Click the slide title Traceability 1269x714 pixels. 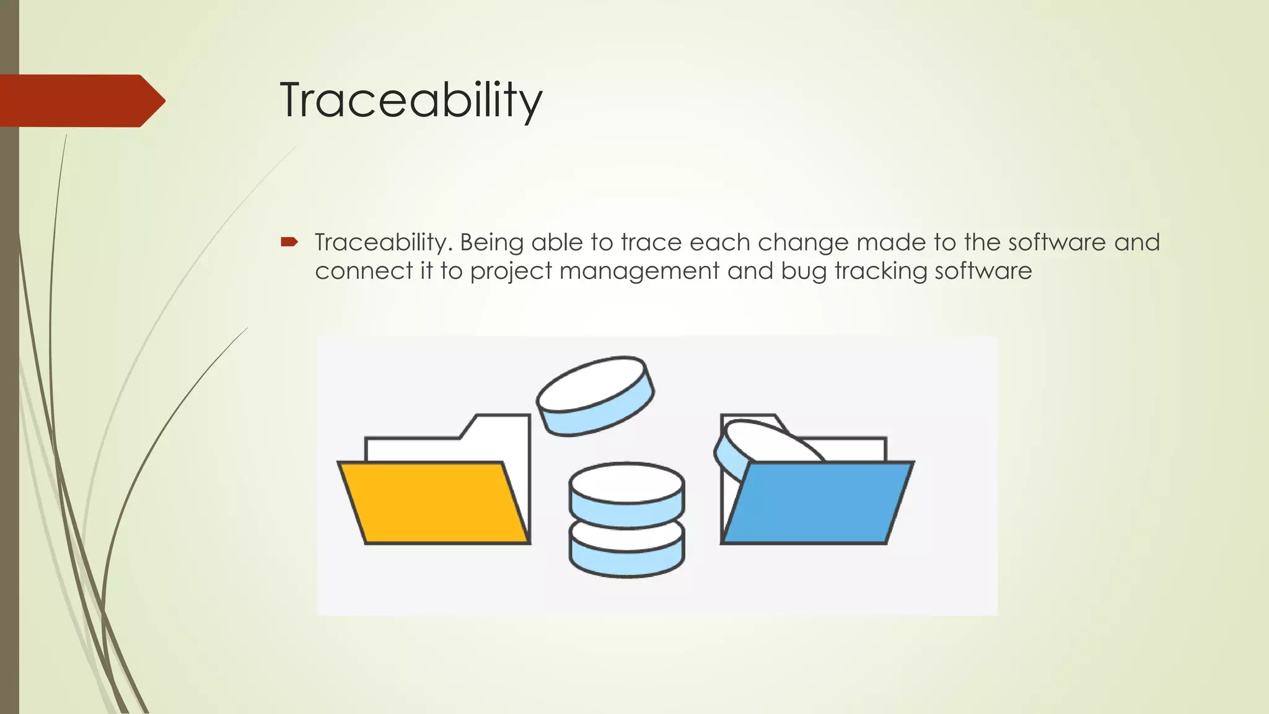[x=411, y=100]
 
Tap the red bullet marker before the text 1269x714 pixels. [x=289, y=242]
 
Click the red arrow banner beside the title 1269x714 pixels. [x=81, y=100]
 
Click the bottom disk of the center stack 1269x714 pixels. [x=626, y=555]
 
